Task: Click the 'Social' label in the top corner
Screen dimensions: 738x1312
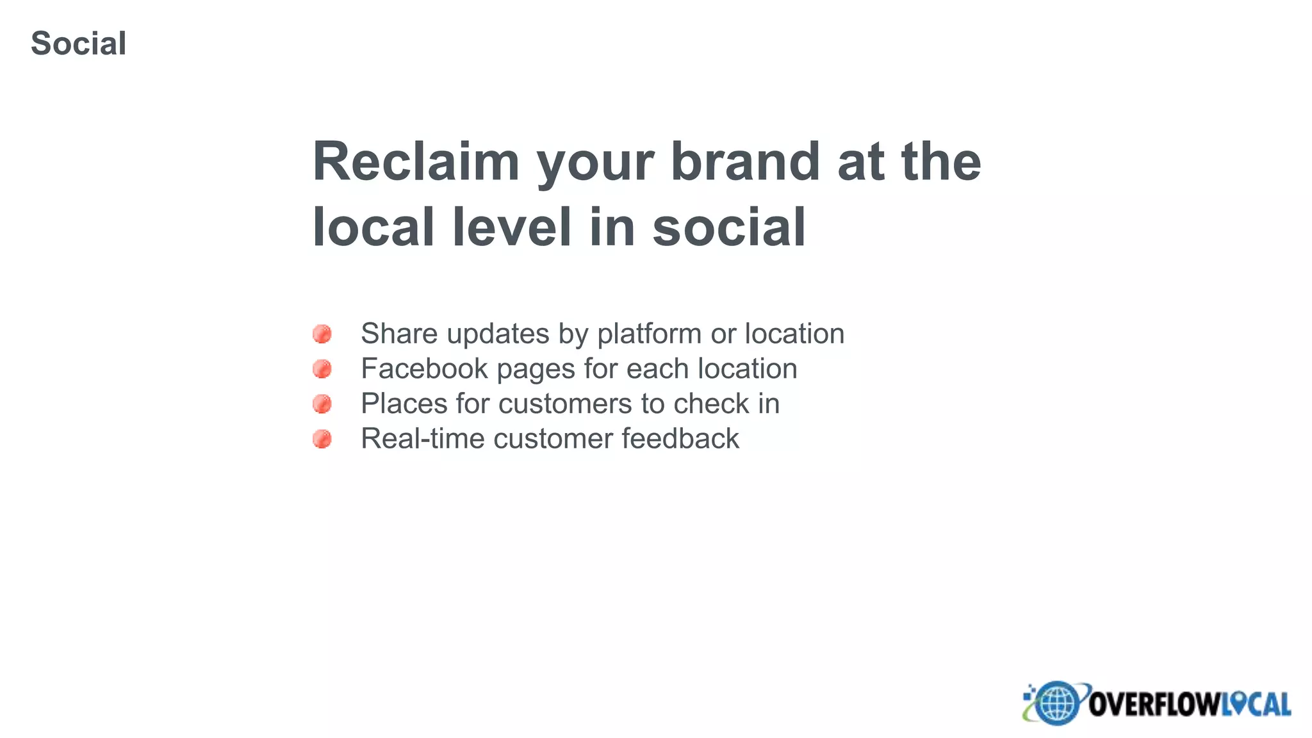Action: coord(78,44)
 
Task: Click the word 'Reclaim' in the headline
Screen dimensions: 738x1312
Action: coord(415,161)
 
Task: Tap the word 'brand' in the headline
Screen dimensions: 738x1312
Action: coord(745,161)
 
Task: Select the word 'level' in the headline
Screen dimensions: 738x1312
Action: coord(511,227)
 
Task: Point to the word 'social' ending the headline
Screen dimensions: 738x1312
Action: coord(728,227)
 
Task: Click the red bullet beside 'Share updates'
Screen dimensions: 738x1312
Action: coord(322,334)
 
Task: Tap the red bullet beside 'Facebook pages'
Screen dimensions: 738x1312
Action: coord(322,369)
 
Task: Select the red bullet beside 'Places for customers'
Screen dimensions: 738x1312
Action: coord(322,404)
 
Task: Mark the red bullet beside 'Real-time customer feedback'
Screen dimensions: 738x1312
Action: coord(322,439)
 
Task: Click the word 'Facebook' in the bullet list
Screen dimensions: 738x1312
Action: coord(424,369)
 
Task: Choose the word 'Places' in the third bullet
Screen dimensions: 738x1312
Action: coord(404,404)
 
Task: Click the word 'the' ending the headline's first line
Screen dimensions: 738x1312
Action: coord(941,161)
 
